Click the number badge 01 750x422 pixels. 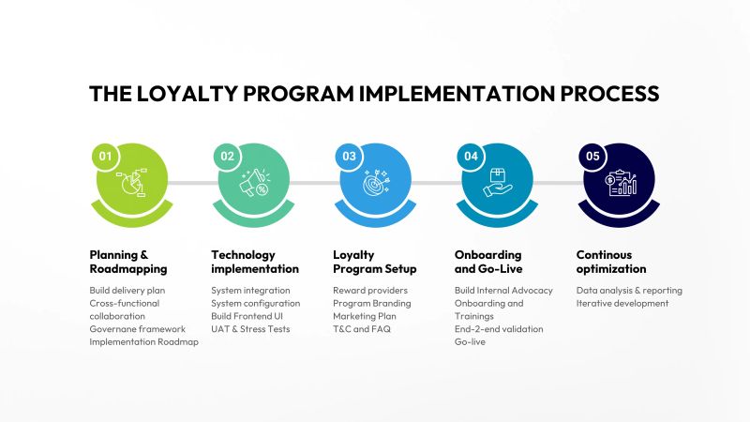click(106, 157)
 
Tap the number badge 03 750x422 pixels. click(349, 157)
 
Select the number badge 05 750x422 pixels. click(592, 157)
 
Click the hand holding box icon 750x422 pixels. click(497, 183)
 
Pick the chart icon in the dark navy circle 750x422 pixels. click(621, 183)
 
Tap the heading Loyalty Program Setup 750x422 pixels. click(375, 262)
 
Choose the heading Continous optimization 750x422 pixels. click(610, 262)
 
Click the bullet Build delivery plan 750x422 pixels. click(127, 291)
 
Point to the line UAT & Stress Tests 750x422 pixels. click(250, 329)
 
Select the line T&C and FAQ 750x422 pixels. click(362, 329)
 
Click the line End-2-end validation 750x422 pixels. click(498, 329)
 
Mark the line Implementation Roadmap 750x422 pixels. click(143, 341)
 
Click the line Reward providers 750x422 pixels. click(368, 291)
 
